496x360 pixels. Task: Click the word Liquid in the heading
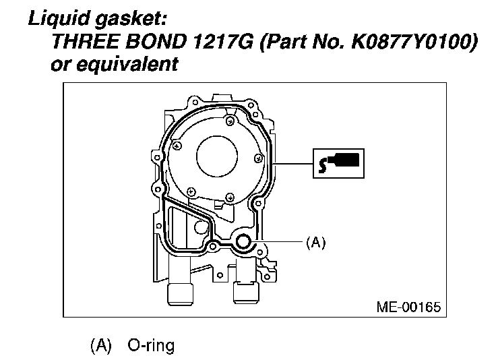[59, 18]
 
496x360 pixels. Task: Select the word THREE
[86, 41]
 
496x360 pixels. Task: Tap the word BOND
[156, 41]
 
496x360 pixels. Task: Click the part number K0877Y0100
[411, 41]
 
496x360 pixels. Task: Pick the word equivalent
[127, 65]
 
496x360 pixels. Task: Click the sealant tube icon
[338, 163]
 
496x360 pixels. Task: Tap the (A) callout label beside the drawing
[315, 243]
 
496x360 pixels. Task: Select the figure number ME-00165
[408, 307]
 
